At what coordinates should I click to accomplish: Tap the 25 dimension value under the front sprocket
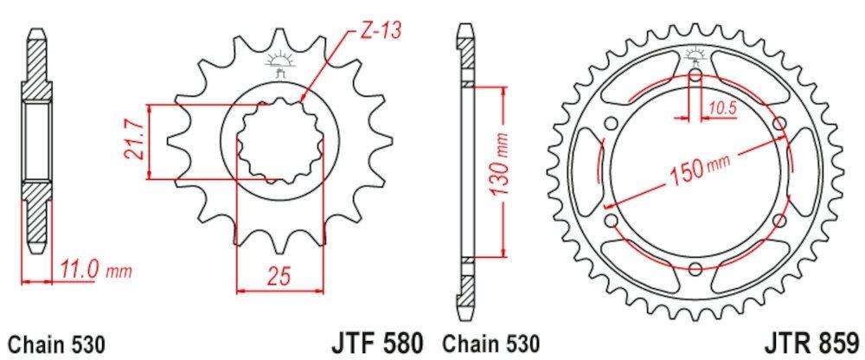point(279,276)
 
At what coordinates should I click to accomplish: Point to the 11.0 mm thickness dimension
point(94,271)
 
